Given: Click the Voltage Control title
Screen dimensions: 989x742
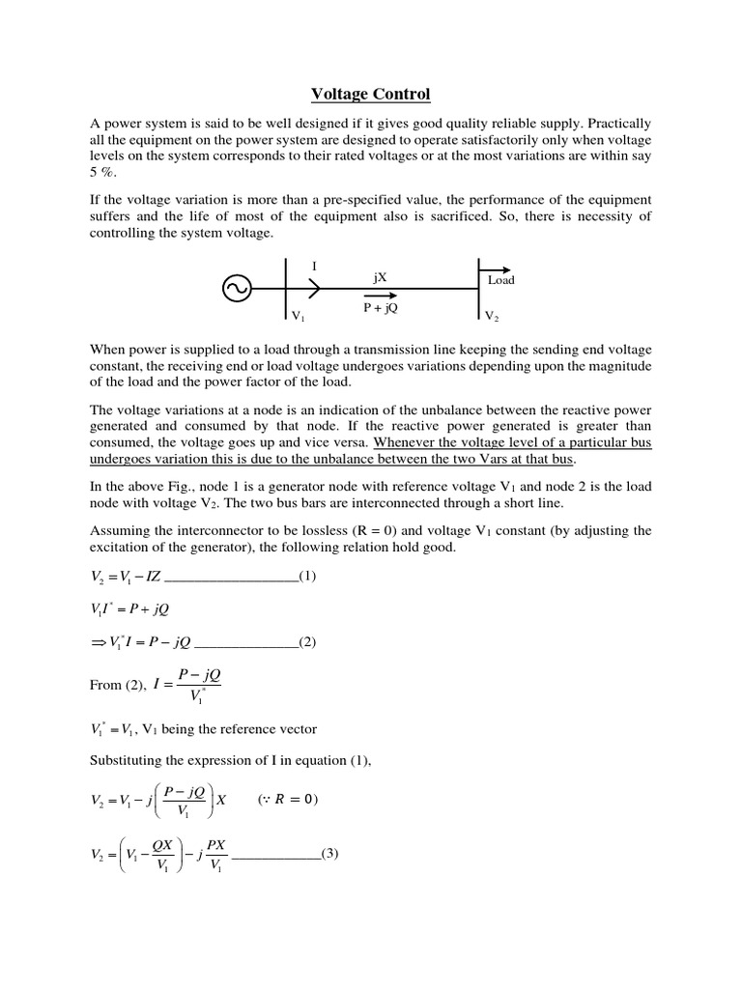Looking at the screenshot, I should [370, 94].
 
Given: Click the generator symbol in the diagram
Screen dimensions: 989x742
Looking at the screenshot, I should [237, 288].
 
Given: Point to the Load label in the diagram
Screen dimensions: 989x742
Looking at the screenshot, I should [500, 280].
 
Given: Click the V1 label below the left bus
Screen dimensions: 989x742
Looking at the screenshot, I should [298, 316].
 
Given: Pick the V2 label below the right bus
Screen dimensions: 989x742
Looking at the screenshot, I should [492, 316].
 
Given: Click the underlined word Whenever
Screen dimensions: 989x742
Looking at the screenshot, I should [407, 441].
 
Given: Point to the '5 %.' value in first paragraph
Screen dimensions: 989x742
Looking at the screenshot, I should [103, 171].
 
